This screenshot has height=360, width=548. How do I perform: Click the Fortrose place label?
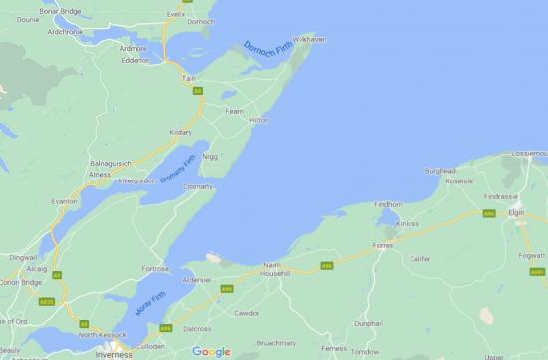pyautogui.click(x=159, y=268)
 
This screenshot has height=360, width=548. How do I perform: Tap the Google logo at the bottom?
pyautogui.click(x=211, y=351)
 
